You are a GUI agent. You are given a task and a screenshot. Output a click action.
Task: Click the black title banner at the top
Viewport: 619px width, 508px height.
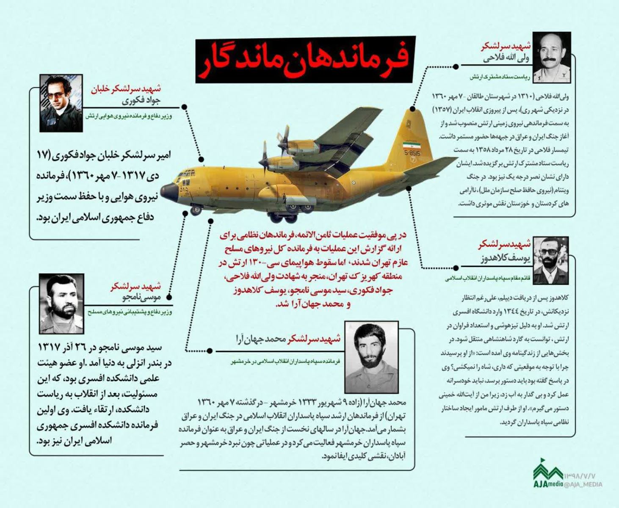coord(305,59)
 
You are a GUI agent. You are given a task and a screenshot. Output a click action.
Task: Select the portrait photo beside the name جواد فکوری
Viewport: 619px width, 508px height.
coord(61,103)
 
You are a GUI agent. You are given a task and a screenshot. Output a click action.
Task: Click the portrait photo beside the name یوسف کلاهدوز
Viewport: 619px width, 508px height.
coord(550,260)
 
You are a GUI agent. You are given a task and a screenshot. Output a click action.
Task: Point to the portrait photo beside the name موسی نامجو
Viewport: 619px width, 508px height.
coord(61,303)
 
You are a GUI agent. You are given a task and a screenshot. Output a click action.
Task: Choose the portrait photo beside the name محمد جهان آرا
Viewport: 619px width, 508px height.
coord(371,357)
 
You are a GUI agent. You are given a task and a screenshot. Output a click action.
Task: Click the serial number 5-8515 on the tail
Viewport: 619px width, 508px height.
coord(412,153)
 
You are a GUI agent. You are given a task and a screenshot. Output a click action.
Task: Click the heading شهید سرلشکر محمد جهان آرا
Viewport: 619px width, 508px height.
coord(288,339)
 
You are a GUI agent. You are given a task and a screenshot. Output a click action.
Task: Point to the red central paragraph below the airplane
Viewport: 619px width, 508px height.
coord(313,269)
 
